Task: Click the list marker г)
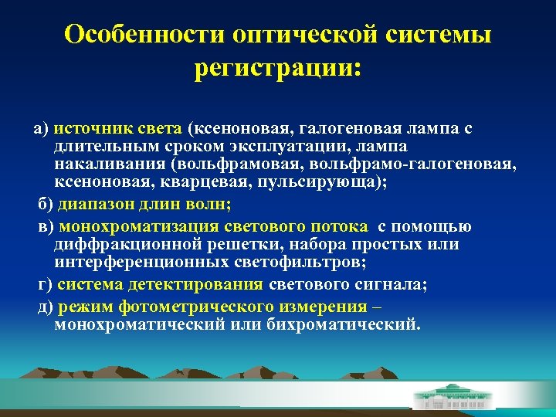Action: coord(46,285)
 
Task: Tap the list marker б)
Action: coord(46,205)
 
